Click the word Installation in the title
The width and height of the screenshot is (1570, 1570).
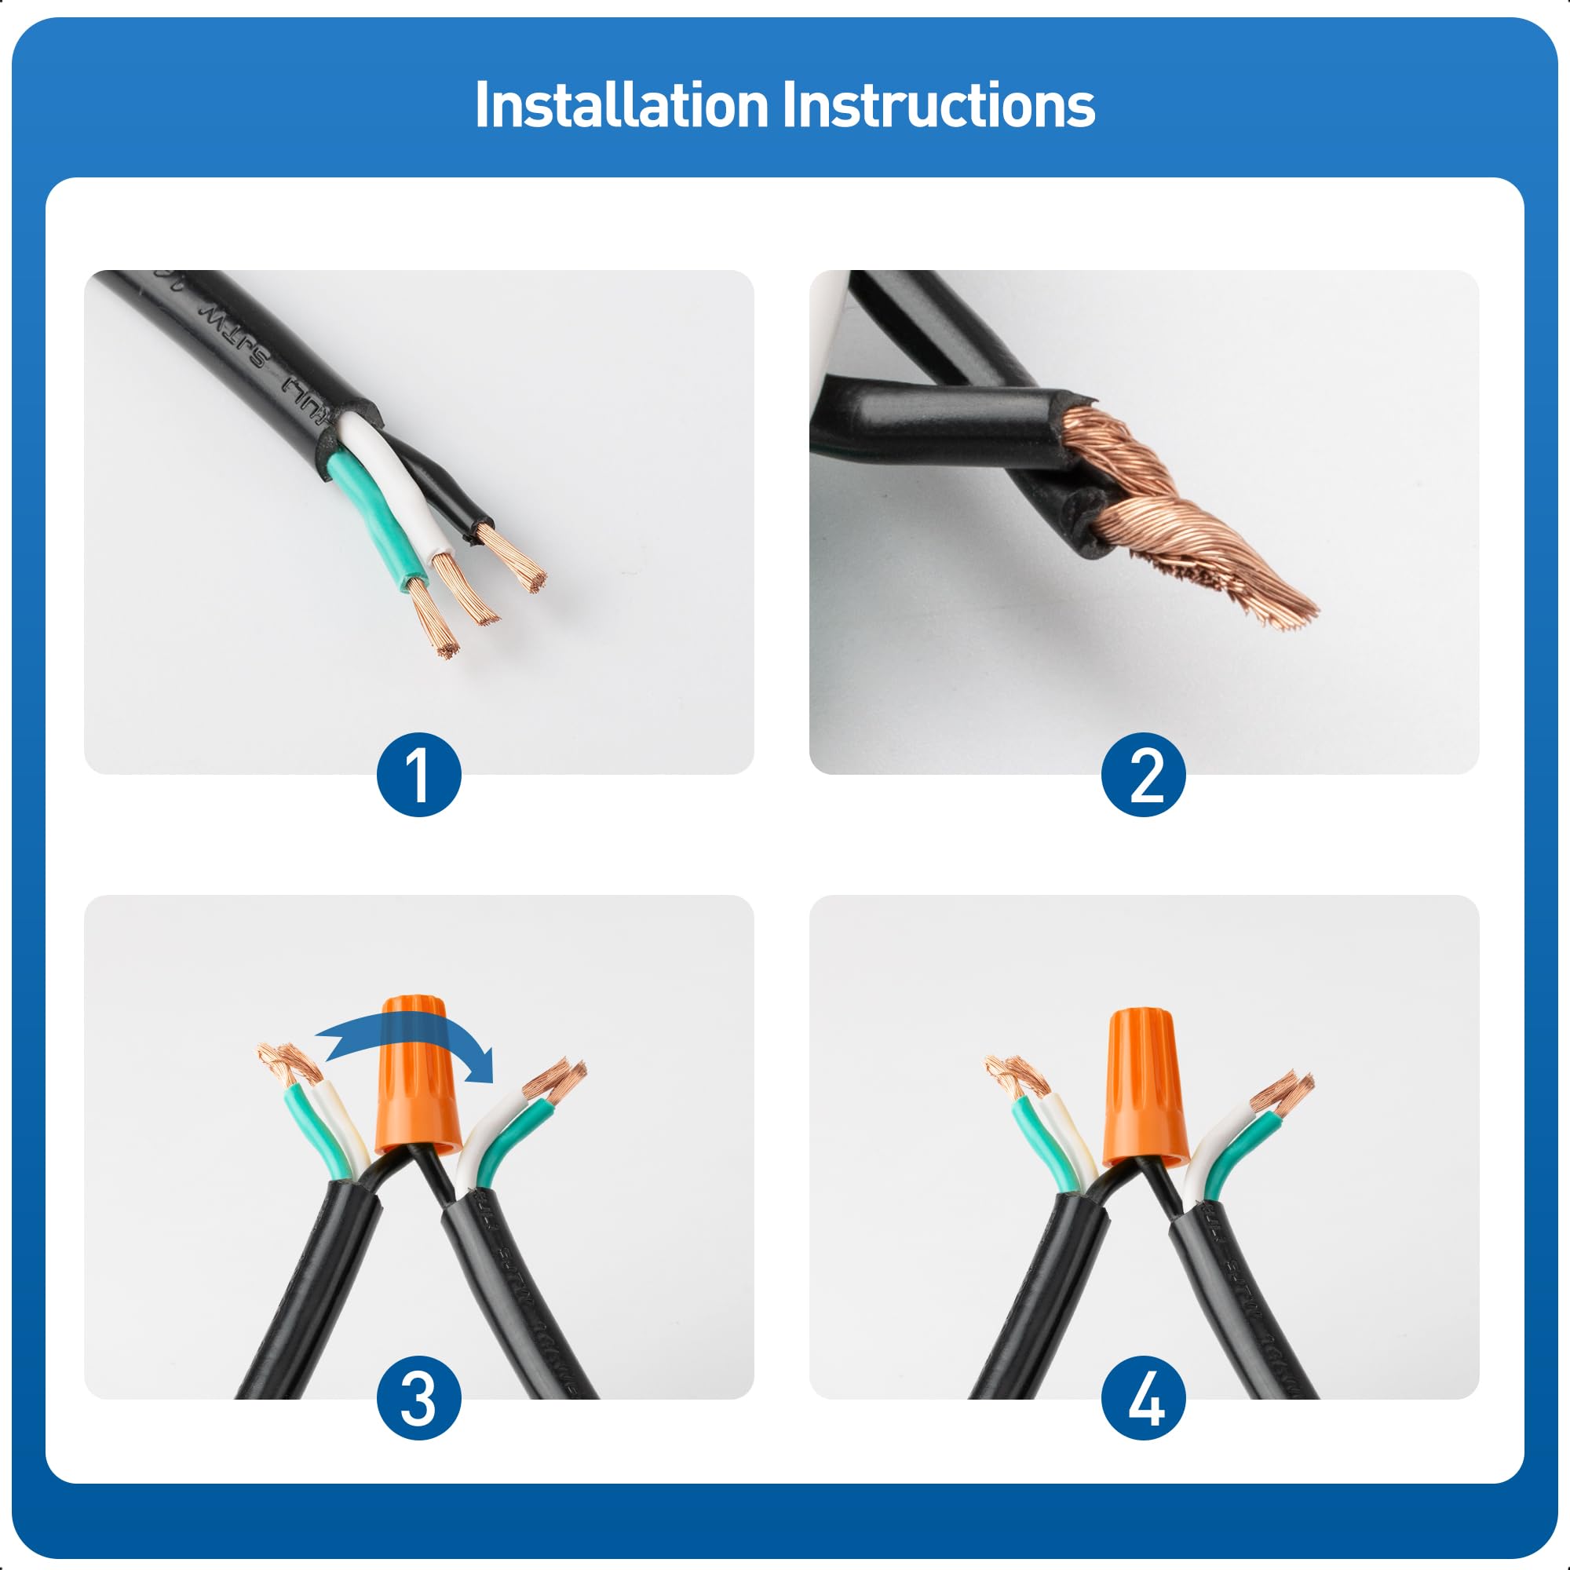point(622,106)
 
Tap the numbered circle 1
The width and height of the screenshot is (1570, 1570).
point(418,775)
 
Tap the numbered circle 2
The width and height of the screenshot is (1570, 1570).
point(1144,775)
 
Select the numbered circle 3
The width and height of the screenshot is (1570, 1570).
point(418,1399)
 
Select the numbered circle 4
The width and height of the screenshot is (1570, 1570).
point(1144,1399)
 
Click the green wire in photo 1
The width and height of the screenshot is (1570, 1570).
point(375,520)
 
